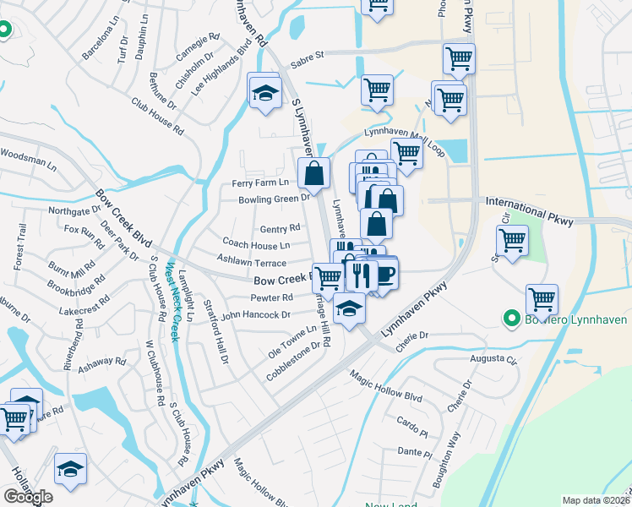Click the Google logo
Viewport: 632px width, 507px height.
[28, 497]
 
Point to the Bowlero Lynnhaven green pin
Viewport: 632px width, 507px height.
[510, 319]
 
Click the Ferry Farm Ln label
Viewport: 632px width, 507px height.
[260, 183]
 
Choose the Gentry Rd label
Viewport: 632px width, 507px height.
[280, 229]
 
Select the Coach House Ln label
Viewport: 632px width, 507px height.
[256, 245]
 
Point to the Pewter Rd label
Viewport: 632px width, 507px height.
[271, 297]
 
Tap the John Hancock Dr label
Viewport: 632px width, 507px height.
[256, 314]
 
